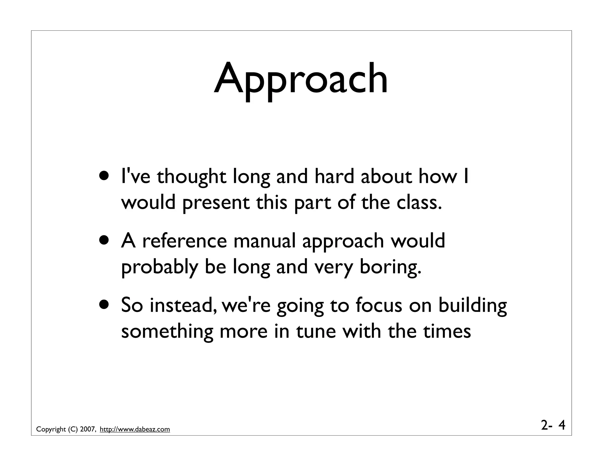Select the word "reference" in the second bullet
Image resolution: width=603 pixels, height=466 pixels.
tap(185, 241)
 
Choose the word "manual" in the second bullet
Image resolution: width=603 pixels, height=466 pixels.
tap(264, 241)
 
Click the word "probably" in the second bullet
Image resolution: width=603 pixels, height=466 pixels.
tap(159, 267)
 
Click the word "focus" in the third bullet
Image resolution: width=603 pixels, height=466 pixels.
tap(379, 305)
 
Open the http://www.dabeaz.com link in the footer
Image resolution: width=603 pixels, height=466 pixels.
tap(135, 429)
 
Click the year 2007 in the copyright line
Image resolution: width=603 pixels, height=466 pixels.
tap(87, 429)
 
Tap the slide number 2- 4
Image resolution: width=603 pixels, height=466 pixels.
tap(553, 425)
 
